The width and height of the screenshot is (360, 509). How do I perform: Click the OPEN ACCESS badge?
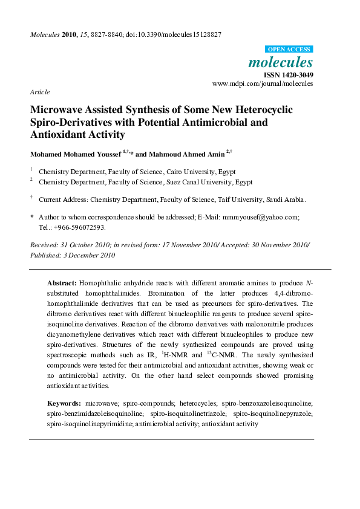(289, 50)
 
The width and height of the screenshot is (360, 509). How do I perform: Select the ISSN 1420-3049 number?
(288, 75)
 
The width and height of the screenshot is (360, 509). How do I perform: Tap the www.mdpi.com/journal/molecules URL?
(263, 84)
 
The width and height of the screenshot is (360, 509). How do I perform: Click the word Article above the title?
(39, 92)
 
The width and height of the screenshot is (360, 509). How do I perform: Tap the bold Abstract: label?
(62, 283)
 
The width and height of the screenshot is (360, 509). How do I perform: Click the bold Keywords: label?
(64, 403)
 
